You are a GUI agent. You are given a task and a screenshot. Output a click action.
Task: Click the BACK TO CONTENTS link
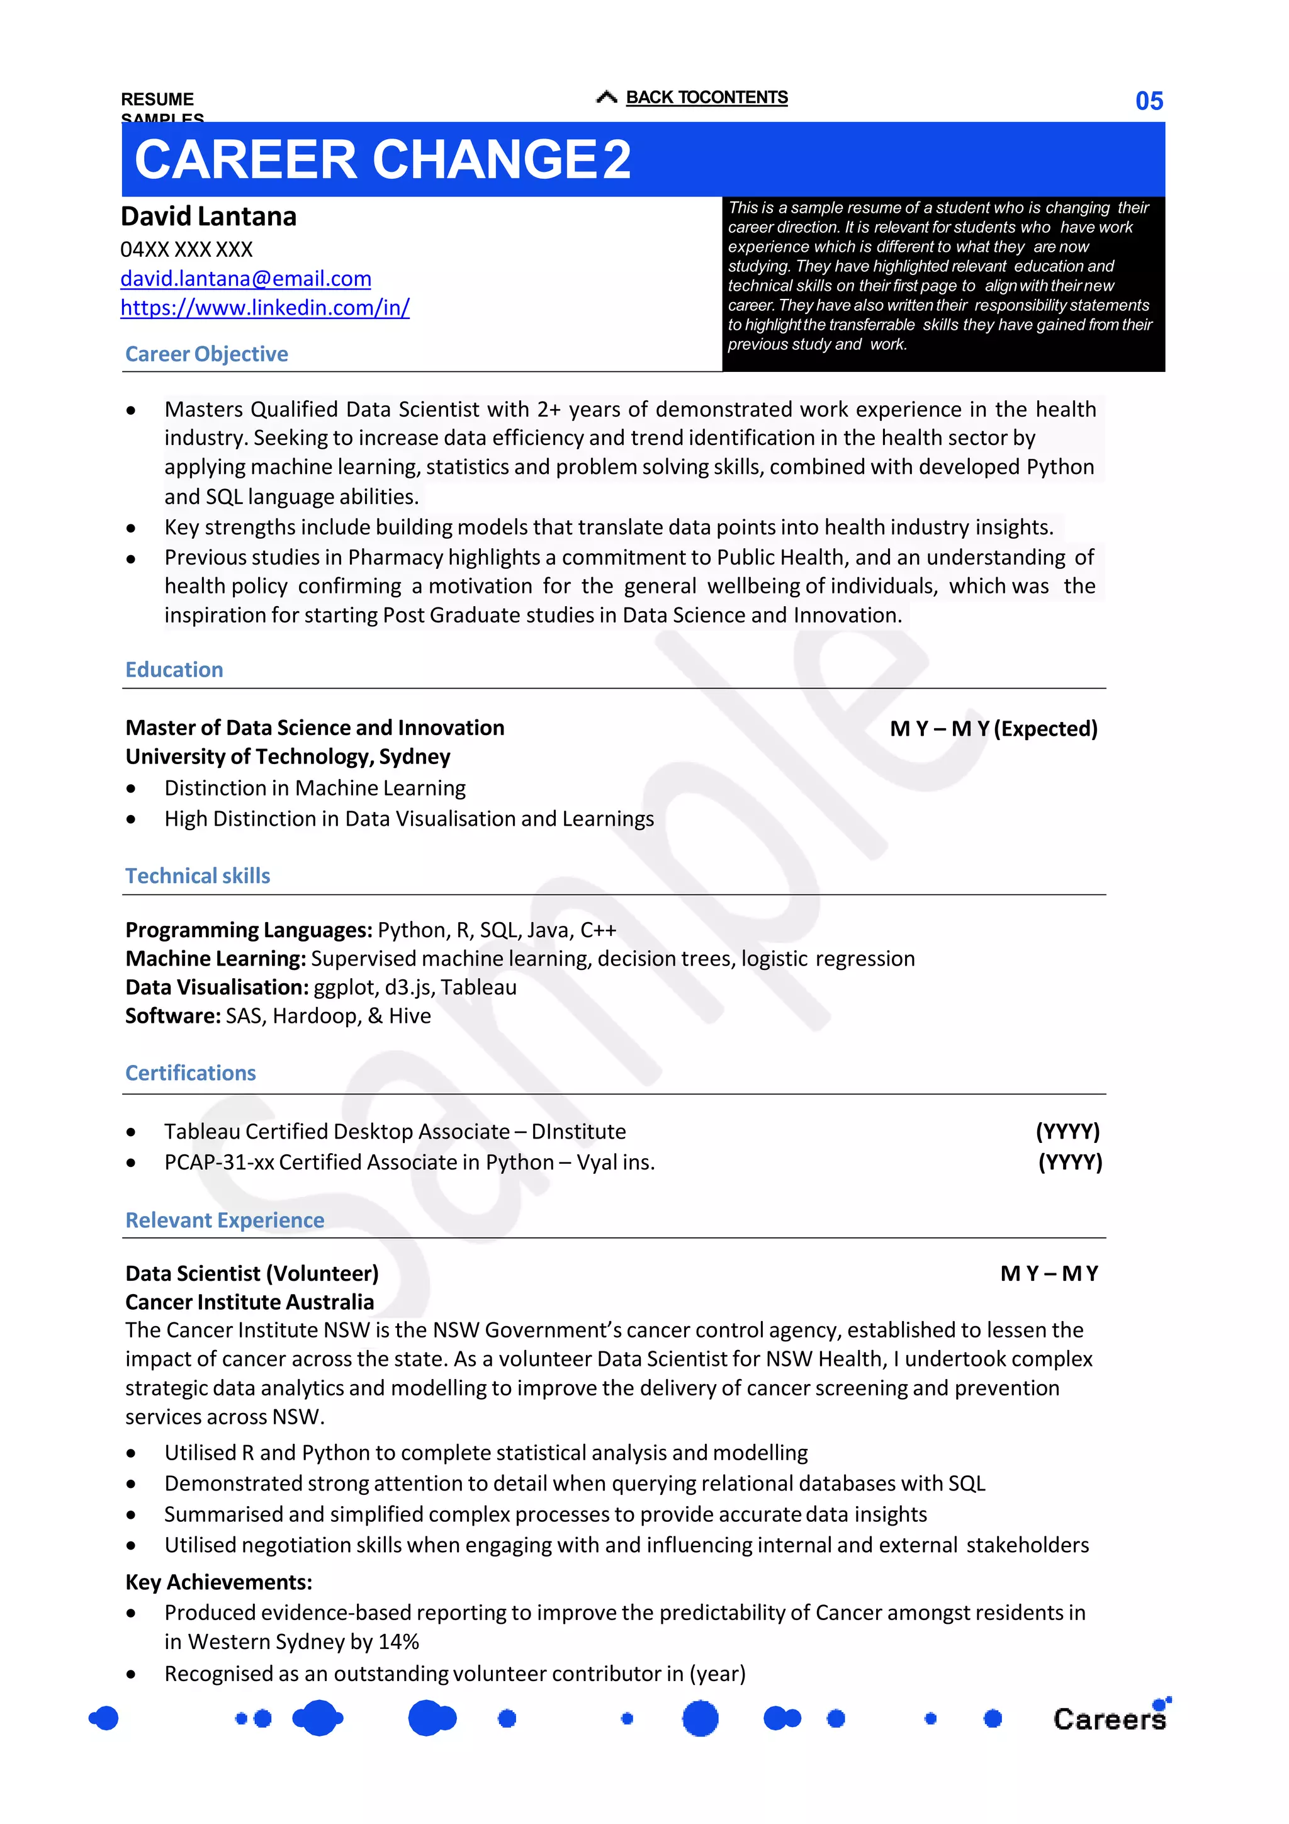coord(706,98)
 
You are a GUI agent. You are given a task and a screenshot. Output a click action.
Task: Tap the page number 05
coord(1149,101)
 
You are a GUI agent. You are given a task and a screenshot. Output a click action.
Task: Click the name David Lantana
coord(209,216)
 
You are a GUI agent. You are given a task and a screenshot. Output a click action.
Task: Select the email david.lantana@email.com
coord(245,279)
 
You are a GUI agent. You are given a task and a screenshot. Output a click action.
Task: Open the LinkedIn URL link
coord(264,307)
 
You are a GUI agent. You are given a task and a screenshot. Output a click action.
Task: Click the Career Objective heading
coord(206,354)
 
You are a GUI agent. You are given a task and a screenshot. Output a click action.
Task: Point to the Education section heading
coord(174,670)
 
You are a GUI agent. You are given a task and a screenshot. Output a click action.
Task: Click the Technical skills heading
coord(198,875)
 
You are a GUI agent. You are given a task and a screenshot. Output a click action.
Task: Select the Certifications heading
coord(191,1073)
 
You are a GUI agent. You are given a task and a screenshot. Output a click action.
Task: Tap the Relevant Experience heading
coord(225,1220)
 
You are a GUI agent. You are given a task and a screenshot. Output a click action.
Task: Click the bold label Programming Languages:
coord(249,930)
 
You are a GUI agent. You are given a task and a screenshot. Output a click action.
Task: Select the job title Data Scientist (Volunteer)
coord(252,1273)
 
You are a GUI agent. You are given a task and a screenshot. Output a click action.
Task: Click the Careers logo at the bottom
coord(1109,1718)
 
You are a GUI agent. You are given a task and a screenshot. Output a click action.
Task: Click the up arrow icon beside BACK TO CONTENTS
coord(607,98)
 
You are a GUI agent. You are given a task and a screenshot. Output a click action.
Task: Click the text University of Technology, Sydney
coord(288,757)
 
